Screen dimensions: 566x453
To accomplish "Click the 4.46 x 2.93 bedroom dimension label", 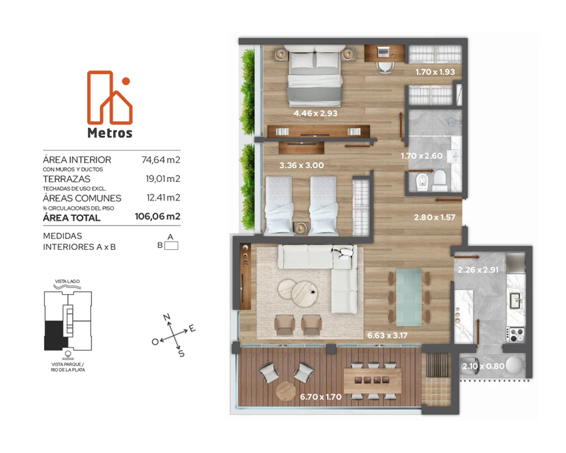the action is [315, 113].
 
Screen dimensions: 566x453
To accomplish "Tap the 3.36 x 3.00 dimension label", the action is [301, 165].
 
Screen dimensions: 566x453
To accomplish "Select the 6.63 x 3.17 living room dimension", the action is [387, 335].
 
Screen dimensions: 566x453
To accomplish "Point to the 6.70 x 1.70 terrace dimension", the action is [321, 397].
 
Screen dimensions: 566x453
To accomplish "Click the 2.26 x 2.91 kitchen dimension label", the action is [478, 270].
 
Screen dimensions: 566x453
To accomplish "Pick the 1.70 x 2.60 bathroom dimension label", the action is [421, 156].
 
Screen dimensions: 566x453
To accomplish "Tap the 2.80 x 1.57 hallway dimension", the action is [434, 217].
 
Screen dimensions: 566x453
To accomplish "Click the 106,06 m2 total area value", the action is [158, 216].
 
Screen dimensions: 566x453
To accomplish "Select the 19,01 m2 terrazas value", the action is [163, 178].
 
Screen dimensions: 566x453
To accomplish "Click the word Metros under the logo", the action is [110, 133].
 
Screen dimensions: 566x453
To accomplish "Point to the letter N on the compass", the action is [167, 317].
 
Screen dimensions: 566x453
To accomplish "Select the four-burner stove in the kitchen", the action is [516, 335].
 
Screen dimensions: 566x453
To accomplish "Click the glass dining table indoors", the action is [408, 297].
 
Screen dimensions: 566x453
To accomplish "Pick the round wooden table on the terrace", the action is [286, 391].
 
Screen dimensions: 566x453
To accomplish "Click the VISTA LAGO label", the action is [67, 281].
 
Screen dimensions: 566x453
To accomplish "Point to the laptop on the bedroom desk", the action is [383, 53].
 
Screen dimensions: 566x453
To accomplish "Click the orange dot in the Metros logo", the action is [126, 81].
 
